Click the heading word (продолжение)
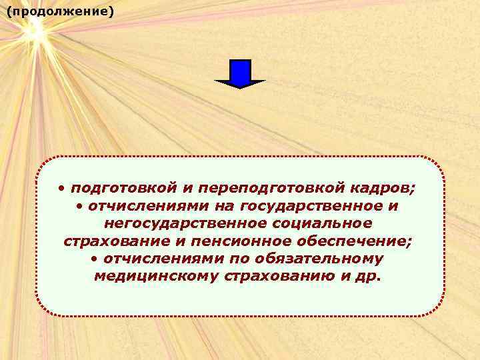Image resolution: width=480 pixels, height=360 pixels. pyautogui.click(x=60, y=13)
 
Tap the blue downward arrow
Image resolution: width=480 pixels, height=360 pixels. pyautogui.click(x=239, y=73)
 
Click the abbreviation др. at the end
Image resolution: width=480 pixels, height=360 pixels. pyautogui.click(x=369, y=275)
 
